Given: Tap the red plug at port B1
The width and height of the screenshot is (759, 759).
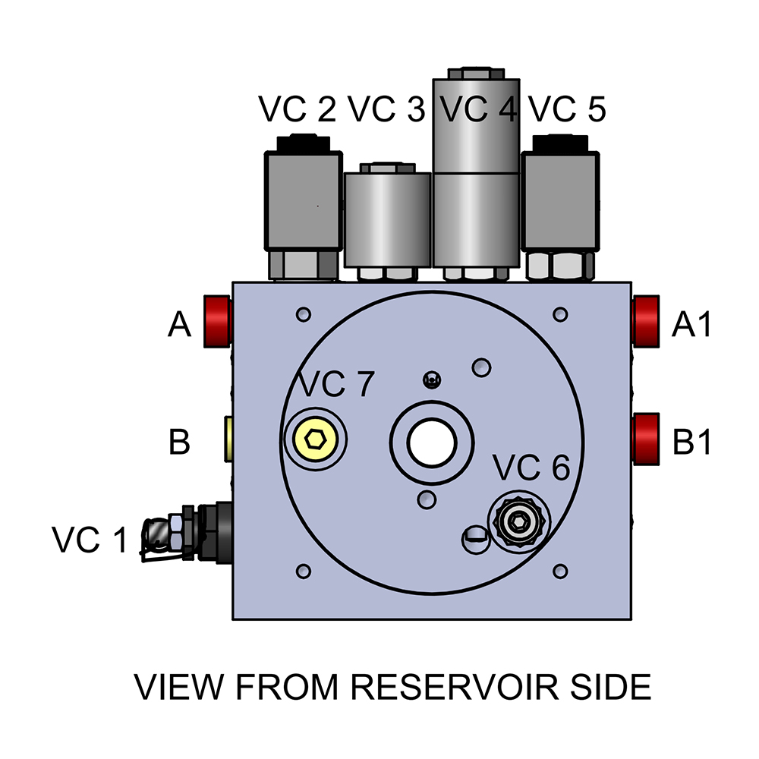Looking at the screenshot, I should (x=646, y=439).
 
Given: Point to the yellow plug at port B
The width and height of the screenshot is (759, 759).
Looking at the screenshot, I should (x=228, y=439).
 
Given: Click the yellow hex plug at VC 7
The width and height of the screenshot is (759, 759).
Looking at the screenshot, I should (x=314, y=439).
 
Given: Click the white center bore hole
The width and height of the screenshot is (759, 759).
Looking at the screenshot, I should (x=432, y=441).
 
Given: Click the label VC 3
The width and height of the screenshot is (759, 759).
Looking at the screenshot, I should (x=386, y=111).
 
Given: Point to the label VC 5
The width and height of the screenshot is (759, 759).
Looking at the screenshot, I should (x=567, y=111).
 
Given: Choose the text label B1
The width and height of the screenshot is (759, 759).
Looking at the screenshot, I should (x=692, y=442).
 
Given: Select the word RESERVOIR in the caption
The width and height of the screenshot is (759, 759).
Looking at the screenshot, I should (x=451, y=687).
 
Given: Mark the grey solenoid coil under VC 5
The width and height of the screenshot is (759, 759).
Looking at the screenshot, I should (x=560, y=201).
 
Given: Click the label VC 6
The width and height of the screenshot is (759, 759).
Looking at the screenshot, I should (x=531, y=469).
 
